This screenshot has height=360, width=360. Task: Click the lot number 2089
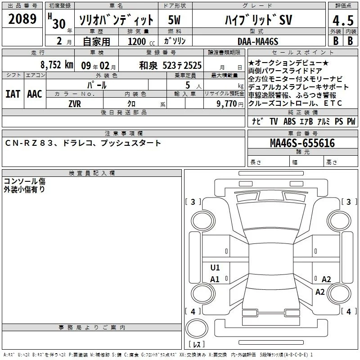point(22,19)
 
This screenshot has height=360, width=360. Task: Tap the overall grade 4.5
point(343,21)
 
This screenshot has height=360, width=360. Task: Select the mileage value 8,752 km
point(57,65)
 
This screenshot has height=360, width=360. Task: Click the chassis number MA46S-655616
point(302,143)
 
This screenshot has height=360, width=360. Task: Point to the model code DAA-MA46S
point(258,41)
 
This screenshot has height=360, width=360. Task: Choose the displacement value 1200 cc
point(141,41)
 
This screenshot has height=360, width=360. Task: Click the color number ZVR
point(75,104)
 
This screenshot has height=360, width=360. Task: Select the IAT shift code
point(13,94)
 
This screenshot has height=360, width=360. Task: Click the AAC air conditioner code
point(35,94)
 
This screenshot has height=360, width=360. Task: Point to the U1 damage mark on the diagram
point(215,267)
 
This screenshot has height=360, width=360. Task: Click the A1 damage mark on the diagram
point(215,279)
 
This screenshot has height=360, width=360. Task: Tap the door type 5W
point(174,20)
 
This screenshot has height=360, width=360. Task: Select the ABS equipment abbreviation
point(289,121)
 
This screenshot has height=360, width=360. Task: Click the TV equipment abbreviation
point(274,121)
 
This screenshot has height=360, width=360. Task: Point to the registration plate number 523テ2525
point(182,66)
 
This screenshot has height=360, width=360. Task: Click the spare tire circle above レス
point(197,328)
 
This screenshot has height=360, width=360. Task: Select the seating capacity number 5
point(188,85)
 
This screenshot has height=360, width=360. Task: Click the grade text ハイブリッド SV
point(258,20)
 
